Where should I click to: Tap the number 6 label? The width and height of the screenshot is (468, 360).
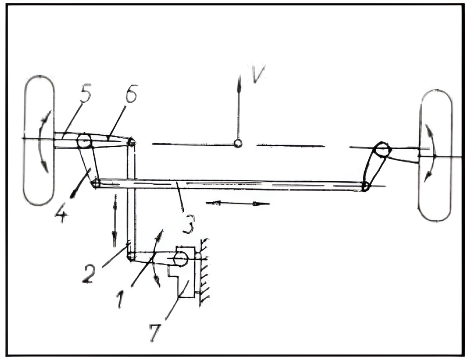pyautogui.click(x=131, y=93)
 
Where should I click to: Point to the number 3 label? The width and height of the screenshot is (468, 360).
pyautogui.click(x=188, y=224)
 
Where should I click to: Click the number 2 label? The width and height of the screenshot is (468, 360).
pyautogui.click(x=89, y=274)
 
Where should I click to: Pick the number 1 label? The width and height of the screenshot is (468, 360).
pyautogui.click(x=120, y=300)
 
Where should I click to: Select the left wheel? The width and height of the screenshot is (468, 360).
pyautogui.click(x=39, y=140)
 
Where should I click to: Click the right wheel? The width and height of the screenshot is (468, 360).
pyautogui.click(x=435, y=156)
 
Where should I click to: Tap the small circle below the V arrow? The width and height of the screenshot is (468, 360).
pyautogui.click(x=238, y=143)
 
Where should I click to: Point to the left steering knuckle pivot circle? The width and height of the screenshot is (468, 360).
pyautogui.click(x=85, y=141)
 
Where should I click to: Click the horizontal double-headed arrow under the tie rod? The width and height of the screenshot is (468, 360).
pyautogui.click(x=238, y=203)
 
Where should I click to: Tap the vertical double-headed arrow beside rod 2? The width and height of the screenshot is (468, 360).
pyautogui.click(x=115, y=221)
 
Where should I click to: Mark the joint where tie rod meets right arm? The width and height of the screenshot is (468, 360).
pyautogui.click(x=365, y=187)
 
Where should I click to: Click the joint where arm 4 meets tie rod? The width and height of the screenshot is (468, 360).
pyautogui.click(x=96, y=183)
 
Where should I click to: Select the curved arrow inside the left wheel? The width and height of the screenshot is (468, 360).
pyautogui.click(x=43, y=141)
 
